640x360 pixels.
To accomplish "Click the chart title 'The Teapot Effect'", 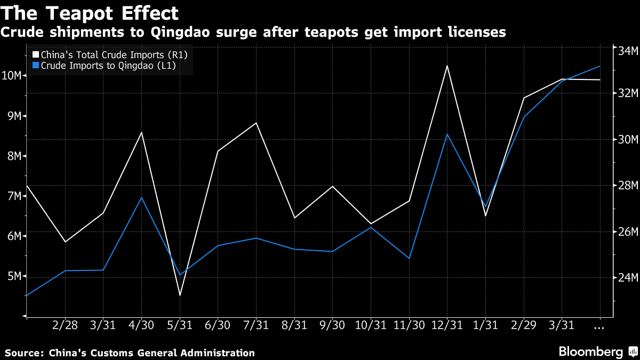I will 89,13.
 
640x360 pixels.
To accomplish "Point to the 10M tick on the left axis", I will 12,75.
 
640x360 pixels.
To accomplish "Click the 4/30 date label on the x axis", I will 141,325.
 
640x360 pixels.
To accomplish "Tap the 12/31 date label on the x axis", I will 447,325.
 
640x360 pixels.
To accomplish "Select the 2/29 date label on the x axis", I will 523,325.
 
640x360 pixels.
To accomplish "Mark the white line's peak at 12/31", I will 447,66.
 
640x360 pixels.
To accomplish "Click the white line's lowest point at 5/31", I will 180,295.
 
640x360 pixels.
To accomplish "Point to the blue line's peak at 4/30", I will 141,198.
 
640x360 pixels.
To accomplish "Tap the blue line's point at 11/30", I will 409,258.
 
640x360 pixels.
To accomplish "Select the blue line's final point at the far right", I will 600,66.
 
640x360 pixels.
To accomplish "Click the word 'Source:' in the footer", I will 24,353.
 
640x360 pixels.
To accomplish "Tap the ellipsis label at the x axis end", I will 599,325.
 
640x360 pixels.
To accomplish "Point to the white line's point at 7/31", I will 257,123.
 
